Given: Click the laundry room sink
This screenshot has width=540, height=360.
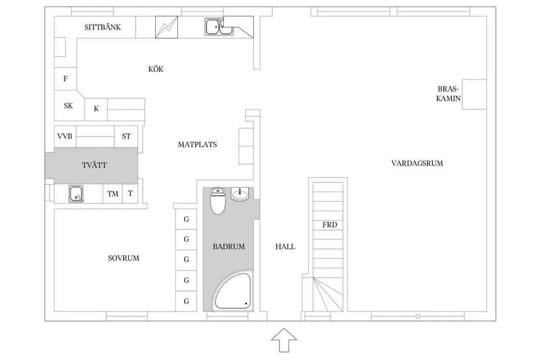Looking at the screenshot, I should [77, 194].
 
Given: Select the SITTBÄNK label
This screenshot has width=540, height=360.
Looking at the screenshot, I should [103, 27].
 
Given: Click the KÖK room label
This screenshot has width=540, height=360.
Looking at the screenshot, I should [156, 69].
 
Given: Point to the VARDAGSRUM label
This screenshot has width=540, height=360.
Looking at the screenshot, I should [417, 163].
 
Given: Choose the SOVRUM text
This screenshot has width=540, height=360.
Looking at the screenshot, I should [123, 258].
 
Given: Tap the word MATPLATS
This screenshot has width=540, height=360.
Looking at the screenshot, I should [197, 145].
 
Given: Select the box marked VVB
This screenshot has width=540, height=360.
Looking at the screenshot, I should [65, 136].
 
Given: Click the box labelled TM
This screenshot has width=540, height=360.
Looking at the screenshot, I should [112, 194].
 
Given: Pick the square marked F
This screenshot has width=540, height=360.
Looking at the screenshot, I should [65, 79].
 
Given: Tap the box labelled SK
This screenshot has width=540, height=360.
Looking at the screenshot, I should [68, 106].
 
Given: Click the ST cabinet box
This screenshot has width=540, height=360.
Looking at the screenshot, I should [126, 136].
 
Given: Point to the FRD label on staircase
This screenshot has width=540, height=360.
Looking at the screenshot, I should [329, 225].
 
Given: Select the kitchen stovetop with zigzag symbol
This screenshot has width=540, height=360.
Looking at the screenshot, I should [166, 28].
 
